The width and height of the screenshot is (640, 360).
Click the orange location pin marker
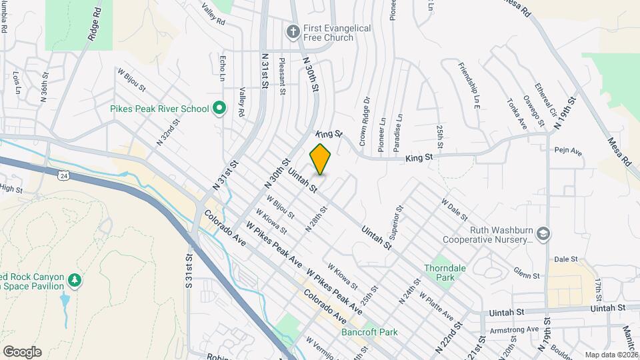click(x=321, y=159)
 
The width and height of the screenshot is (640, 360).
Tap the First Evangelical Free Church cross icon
click(x=292, y=31)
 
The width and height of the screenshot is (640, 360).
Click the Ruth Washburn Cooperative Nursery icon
click(x=544, y=233)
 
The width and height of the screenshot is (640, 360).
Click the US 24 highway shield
click(x=63, y=175)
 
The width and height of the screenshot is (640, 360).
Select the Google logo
click(x=21, y=352)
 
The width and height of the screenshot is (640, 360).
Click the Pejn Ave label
click(x=568, y=152)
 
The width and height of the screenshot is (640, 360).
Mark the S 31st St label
click(x=189, y=269)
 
